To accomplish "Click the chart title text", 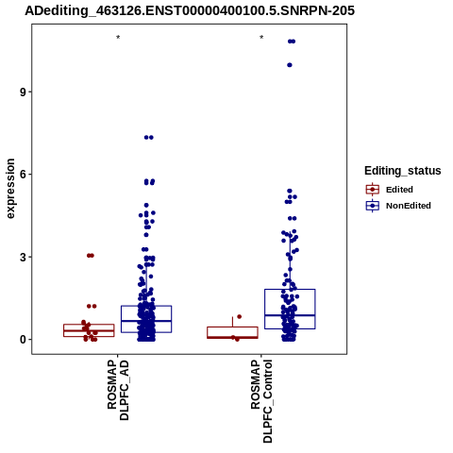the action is (x=190, y=10).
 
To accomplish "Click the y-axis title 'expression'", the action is (x=10, y=189).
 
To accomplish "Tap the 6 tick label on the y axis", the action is (x=23, y=175).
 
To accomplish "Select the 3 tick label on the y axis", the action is (x=23, y=257).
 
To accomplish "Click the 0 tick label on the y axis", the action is (x=23, y=340).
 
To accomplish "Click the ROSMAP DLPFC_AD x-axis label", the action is (x=118, y=390).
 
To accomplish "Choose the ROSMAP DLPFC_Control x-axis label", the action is (x=261, y=401).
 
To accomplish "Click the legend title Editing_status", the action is (x=403, y=171).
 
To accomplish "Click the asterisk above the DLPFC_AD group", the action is (x=118, y=38).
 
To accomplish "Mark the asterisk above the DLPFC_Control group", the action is (x=261, y=38).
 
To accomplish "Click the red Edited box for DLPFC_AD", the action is (x=89, y=325).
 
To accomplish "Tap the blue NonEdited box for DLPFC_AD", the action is (x=146, y=306).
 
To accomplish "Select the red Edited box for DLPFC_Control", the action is (x=232, y=327).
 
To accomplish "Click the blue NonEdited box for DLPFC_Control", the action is (x=290, y=290).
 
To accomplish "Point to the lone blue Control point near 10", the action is (x=290, y=65).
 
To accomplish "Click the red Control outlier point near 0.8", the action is (x=240, y=316).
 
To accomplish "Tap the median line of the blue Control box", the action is (x=290, y=315).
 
